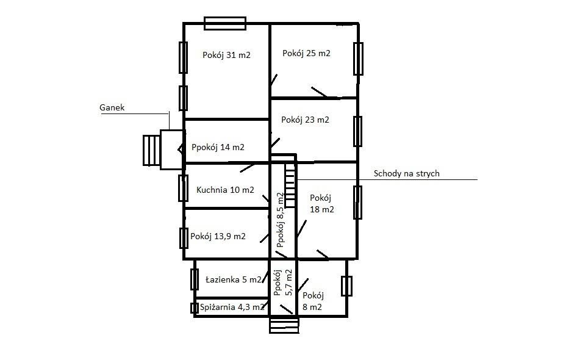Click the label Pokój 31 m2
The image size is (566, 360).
pos(226,56)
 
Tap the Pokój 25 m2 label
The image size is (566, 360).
pos(306,54)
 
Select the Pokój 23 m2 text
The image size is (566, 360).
pos(305,120)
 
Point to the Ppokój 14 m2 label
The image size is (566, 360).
pos(218,147)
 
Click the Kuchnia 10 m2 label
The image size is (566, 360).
pos(225,190)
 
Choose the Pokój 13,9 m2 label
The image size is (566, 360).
pos(218,237)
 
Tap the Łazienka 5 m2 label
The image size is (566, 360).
pos(233,279)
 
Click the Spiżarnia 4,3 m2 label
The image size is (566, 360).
pos(232,308)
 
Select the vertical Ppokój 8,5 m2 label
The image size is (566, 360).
pos(280,220)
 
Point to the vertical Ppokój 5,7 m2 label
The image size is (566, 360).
pos(282,283)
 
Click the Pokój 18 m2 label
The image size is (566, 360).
pos(321,204)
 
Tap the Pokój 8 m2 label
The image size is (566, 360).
pos(313,301)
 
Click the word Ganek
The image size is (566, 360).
pos(112,107)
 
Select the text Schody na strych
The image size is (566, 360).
pos(406,174)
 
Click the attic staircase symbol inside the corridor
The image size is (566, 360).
pos(290,184)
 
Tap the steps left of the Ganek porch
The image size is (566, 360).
pos(152,150)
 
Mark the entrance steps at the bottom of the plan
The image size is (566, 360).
pos(284,325)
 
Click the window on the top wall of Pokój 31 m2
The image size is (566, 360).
pos(225,23)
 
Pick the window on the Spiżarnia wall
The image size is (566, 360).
pos(195,308)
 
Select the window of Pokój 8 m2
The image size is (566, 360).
pos(346,286)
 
